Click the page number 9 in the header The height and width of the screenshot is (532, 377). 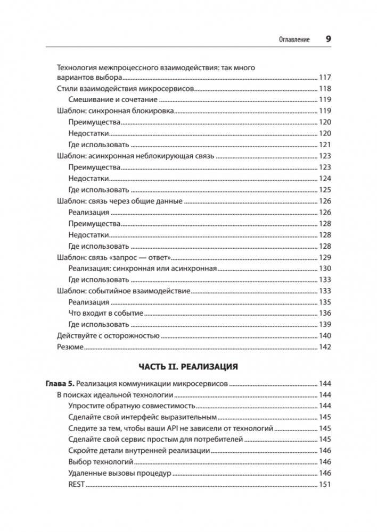(328, 39)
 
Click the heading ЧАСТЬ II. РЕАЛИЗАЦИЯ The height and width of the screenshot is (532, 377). (188, 367)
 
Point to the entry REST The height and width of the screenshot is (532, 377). (77, 484)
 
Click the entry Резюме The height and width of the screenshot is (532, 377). (70, 347)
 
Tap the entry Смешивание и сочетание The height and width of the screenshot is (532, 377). (113, 100)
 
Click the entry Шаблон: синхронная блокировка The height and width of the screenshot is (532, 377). (116, 111)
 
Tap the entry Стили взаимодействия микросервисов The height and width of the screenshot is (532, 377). (125, 89)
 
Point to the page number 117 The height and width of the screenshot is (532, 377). (325, 78)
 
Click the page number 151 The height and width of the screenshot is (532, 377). (325, 484)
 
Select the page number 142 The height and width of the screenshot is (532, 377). (325, 347)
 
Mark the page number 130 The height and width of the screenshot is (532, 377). (325, 268)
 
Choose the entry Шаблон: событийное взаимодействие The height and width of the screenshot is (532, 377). (123, 291)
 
